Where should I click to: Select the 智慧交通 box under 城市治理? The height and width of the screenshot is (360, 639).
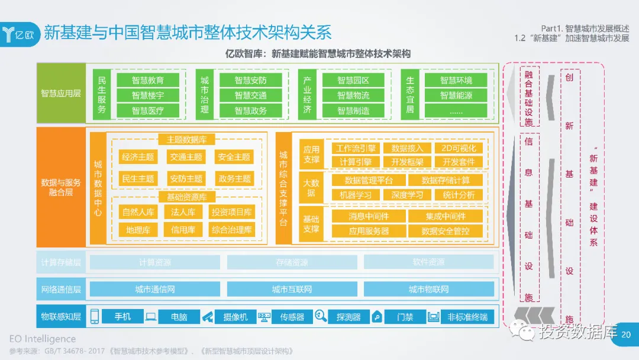point(250,95)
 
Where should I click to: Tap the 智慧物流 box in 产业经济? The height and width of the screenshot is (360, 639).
point(353,95)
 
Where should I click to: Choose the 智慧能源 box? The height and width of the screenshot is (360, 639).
point(456,95)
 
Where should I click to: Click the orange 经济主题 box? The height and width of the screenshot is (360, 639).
point(138,157)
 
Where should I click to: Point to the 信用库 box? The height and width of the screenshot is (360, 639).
point(183,230)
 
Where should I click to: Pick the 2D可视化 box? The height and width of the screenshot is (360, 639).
point(459,148)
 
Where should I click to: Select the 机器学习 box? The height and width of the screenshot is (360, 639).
point(356,194)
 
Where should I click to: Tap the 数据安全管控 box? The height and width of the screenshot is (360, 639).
point(446,231)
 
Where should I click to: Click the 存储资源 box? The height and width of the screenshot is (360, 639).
point(292,262)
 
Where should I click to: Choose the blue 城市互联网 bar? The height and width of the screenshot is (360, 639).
point(292,290)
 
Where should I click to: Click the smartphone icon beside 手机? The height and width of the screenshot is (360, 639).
point(95,317)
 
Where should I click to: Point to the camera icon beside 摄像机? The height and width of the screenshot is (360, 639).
point(207,317)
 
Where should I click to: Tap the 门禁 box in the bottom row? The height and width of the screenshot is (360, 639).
point(405,317)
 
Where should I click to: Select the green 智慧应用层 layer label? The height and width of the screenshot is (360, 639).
point(61,94)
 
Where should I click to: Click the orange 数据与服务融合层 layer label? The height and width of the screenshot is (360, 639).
point(61,188)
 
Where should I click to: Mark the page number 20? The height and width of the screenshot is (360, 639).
point(627,335)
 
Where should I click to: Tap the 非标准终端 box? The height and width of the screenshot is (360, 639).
point(467,317)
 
